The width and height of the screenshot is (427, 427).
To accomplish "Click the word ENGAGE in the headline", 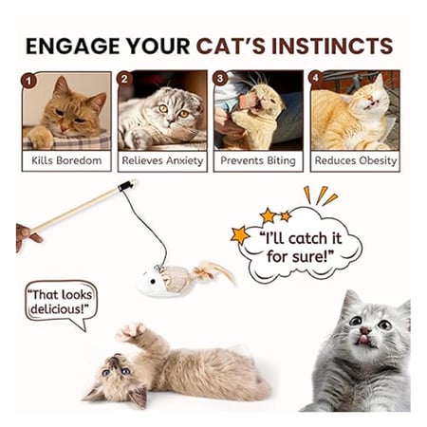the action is tap(73, 46).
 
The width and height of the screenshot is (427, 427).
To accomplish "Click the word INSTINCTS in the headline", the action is tap(332, 46).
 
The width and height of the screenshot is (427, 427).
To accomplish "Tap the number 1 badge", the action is tap(29, 81).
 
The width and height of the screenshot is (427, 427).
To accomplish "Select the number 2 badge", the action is tap(124, 79).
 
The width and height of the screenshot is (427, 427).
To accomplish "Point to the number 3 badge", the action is tap(220, 79).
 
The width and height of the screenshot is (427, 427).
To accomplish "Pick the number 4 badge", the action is tap(316, 77).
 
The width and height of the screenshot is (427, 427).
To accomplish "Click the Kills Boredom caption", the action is tap(66, 160).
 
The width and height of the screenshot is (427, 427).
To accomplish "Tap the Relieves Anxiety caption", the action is tap(162, 160).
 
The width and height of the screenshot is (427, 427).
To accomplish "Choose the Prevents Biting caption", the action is tap(258, 160).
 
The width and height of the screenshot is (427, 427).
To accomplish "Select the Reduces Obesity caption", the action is tap(356, 160).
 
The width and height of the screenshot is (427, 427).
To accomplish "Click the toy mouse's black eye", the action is tap(153, 281).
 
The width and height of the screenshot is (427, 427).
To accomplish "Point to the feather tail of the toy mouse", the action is tap(214, 272).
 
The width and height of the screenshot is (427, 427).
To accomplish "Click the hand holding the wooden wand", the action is tap(26, 236).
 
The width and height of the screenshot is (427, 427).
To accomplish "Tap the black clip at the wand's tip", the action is tap(124, 187).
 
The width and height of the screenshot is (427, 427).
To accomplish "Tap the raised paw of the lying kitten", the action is tap(132, 332).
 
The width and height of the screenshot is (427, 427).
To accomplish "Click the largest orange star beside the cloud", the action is tap(240, 234).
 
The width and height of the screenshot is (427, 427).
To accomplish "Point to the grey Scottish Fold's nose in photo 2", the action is tap(171, 120).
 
